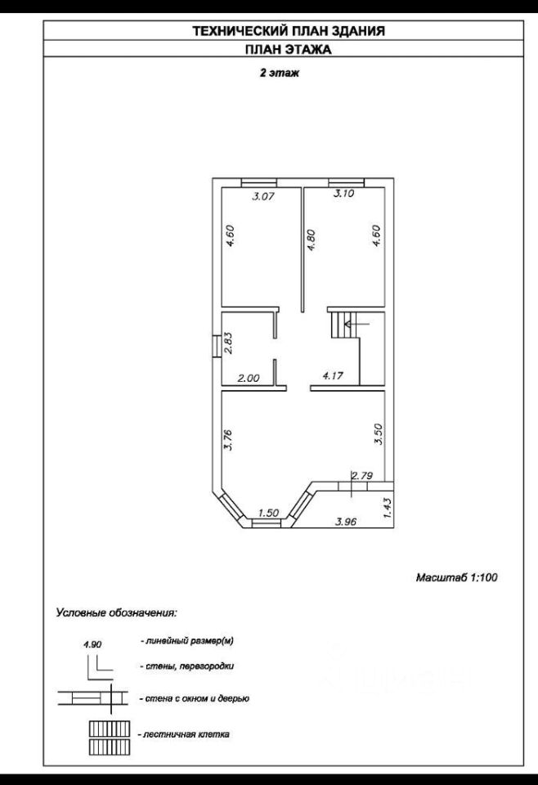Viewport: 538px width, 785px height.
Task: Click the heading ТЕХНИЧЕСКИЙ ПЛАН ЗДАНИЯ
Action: click(x=288, y=31)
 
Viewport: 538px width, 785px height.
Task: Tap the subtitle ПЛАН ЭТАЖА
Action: click(x=288, y=49)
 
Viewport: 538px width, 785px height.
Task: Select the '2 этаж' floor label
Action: click(x=278, y=74)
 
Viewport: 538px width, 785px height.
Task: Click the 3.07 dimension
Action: click(x=262, y=196)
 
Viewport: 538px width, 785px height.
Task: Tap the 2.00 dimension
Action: click(x=248, y=378)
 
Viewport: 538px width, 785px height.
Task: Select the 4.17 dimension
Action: click(x=333, y=377)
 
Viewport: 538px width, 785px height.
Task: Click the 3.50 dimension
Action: click(x=378, y=433)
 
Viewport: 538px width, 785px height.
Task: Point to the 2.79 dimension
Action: click(x=362, y=475)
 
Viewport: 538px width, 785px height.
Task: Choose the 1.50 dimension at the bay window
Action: click(x=268, y=513)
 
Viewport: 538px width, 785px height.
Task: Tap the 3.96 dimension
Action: click(x=347, y=520)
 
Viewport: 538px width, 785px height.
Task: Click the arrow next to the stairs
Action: click(x=357, y=324)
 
